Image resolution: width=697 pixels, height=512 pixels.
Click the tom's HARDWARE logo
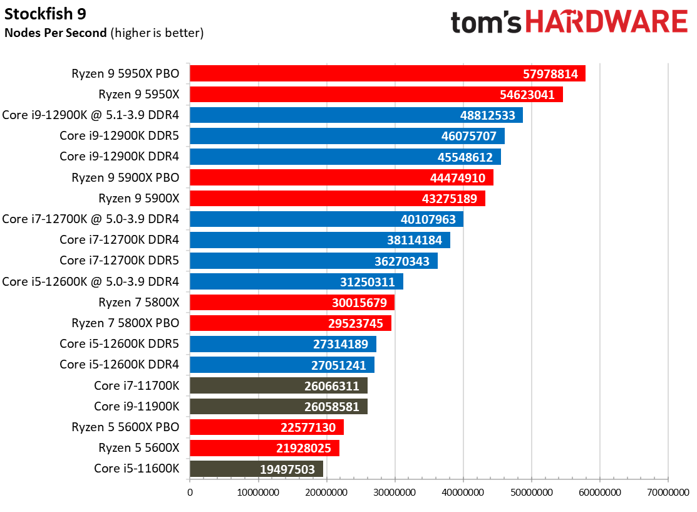tap(569, 23)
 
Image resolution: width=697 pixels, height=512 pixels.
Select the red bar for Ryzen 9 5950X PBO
tap(387, 73)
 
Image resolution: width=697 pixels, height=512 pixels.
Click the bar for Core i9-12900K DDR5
tap(346, 136)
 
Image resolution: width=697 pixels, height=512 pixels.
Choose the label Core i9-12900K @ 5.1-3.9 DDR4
tap(91, 115)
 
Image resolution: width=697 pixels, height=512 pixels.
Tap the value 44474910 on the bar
tap(458, 178)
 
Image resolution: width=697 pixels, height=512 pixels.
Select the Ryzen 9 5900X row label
tap(139, 199)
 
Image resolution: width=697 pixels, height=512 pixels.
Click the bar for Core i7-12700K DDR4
tap(319, 240)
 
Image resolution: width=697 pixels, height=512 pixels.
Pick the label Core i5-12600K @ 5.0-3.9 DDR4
tap(91, 281)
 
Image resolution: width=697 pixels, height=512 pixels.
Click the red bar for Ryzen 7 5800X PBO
tap(290, 323)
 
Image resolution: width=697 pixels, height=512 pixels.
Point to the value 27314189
tap(341, 344)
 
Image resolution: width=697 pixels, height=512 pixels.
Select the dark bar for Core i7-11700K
tap(278, 385)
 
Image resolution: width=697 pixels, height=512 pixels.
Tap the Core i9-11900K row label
tap(137, 406)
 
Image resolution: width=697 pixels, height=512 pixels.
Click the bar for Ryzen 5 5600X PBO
tap(266, 427)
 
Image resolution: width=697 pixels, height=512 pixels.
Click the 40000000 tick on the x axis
tap(463, 493)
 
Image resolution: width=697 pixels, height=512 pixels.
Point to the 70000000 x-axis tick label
tap(668, 493)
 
